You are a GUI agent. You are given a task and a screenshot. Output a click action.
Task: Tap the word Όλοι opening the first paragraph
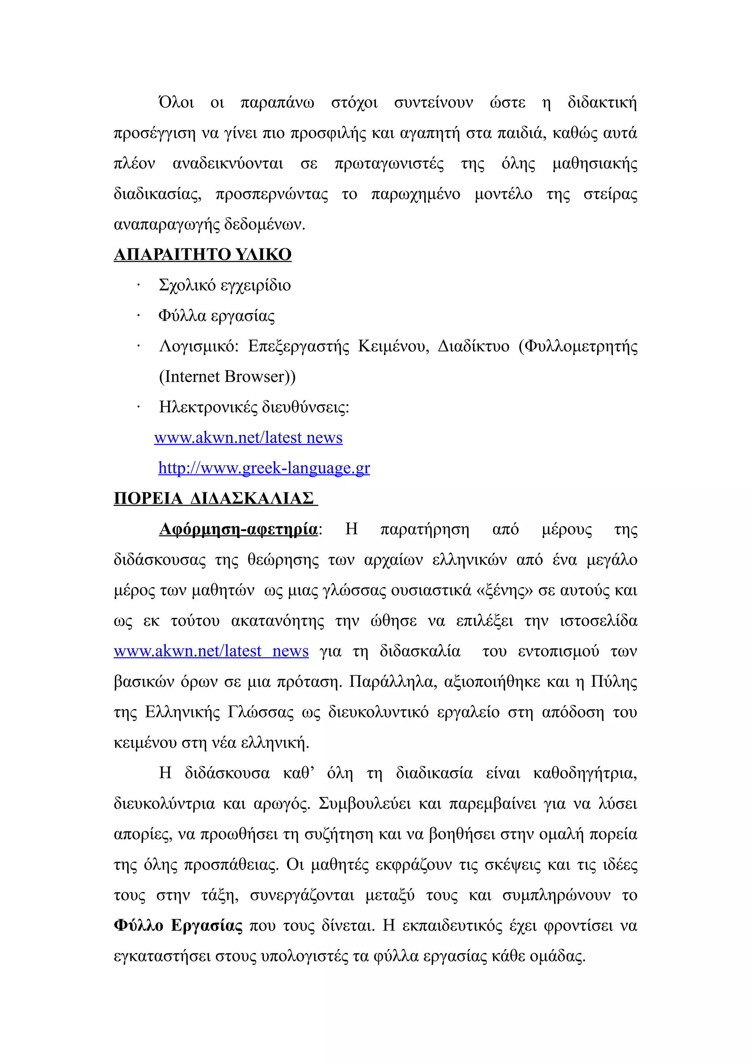176,102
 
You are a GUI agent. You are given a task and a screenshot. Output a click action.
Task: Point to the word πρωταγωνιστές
389,164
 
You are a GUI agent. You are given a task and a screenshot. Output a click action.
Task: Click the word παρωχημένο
415,194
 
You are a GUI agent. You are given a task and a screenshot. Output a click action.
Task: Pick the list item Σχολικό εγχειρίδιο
224,285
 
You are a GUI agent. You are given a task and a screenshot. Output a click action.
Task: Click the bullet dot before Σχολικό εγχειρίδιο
138,286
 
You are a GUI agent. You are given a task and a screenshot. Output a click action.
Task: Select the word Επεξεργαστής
298,346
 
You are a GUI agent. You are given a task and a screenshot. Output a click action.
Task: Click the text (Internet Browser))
227,376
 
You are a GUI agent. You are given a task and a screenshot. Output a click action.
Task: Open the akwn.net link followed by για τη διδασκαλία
211,651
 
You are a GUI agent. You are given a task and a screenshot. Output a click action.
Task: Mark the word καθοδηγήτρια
585,773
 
